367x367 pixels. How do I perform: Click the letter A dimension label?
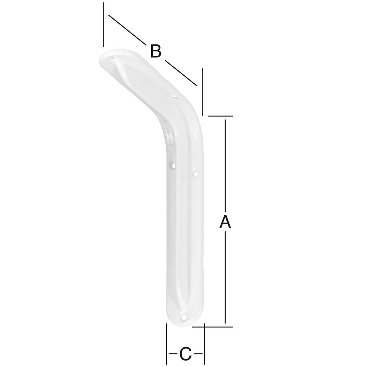coord(225,222)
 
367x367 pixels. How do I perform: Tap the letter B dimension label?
coord(156,51)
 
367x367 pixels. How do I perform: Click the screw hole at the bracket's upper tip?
coord(115,57)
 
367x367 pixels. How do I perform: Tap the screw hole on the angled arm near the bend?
coord(174,97)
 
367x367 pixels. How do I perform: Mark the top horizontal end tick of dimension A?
coord(221,116)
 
